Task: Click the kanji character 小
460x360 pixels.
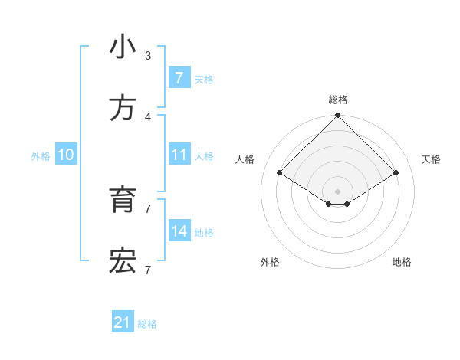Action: point(123,47)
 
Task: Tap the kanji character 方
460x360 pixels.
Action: point(123,109)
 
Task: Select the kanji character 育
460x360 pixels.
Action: point(123,201)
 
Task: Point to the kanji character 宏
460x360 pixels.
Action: point(123,261)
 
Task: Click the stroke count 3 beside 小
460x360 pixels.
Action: point(148,55)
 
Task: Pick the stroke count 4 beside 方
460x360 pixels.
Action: point(148,116)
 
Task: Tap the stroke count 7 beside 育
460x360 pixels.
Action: point(148,208)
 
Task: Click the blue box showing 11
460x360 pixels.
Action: point(179,155)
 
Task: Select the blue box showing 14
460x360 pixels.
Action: point(179,231)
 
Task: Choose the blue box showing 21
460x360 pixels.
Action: point(123,323)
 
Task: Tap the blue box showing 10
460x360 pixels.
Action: point(66,155)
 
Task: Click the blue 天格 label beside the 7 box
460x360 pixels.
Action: point(204,79)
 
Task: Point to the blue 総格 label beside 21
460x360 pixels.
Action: point(147,324)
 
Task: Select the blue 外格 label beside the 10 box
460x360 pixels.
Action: point(41,155)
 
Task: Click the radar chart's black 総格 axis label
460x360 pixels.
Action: point(338,100)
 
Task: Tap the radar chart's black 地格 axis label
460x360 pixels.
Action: point(402,262)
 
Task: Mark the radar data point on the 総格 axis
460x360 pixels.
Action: point(338,116)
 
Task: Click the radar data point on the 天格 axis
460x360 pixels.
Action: point(396,172)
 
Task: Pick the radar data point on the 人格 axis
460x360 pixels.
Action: point(280,172)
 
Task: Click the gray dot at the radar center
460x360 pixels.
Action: point(338,191)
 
